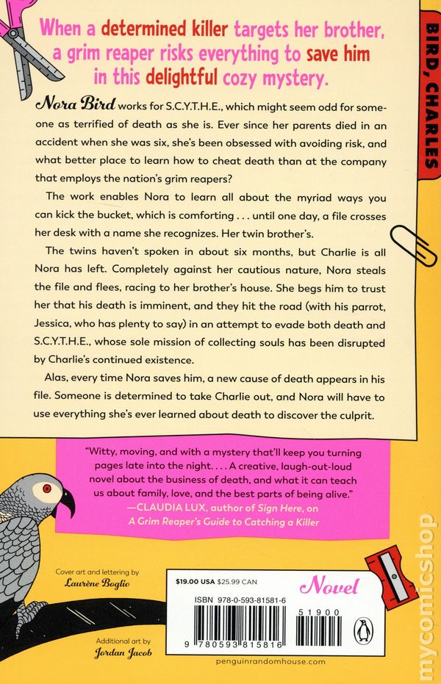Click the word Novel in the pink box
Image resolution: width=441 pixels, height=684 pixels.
pos(335,587)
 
